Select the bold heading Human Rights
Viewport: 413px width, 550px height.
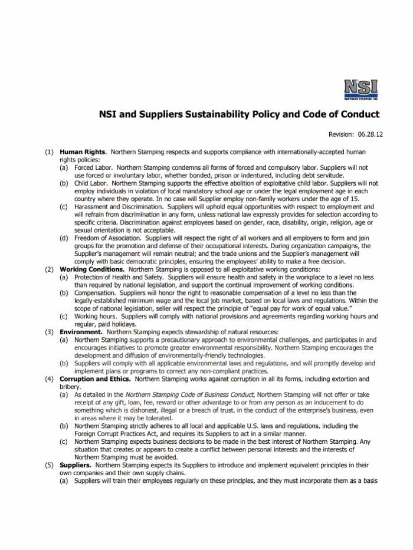pyautogui.click(x=83, y=152)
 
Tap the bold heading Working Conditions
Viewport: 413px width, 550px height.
pyautogui.click(x=92, y=269)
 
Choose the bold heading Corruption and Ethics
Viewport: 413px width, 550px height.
pyautogui.click(x=97, y=378)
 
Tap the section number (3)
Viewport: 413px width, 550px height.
pyautogui.click(x=50, y=332)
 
